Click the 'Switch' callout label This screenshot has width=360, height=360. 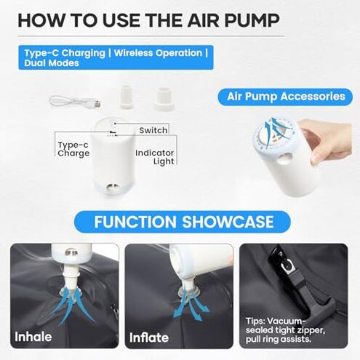pos(153,130)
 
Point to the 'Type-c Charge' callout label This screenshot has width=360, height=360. pos(73,149)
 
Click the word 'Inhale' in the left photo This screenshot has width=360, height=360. pos(34,337)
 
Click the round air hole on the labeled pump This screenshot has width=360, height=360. pos(111,188)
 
